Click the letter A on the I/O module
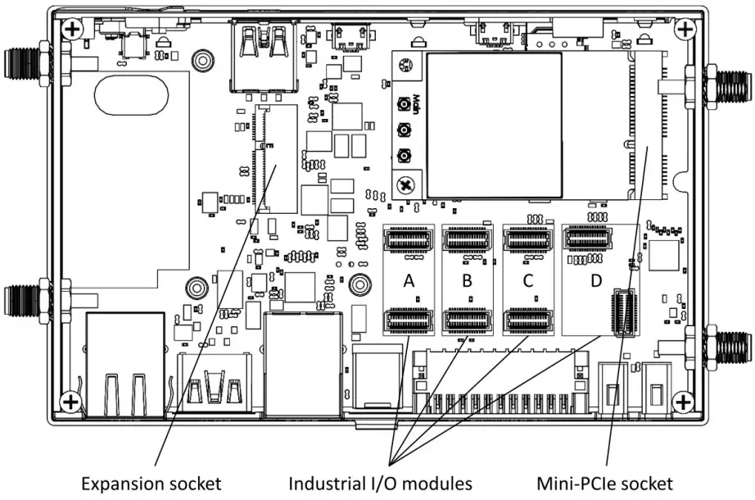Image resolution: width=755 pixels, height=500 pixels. pos(407,280)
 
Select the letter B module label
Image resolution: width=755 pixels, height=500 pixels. pos(467,280)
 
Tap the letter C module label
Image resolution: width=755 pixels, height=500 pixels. pos(528,280)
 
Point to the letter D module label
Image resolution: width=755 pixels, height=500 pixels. pos(596,280)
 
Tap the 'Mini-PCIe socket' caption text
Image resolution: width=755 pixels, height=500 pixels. pos(605,484)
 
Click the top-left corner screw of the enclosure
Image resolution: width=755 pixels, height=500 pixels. pos(72,30)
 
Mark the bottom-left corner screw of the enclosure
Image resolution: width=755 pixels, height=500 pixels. pos(72,402)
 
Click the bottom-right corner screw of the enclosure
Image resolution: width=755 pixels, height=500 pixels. pos(682,402)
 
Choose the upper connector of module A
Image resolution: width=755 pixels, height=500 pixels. pos(407,240)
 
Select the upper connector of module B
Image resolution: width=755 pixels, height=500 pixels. pos(467,240)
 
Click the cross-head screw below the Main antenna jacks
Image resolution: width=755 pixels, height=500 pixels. pos(403,184)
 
